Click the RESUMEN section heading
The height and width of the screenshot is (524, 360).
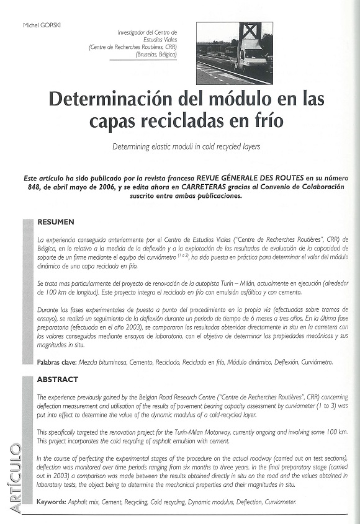click(x=56, y=221)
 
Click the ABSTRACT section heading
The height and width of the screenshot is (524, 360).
click(x=58, y=379)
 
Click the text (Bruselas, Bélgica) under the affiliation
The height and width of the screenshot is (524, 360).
click(x=156, y=55)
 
